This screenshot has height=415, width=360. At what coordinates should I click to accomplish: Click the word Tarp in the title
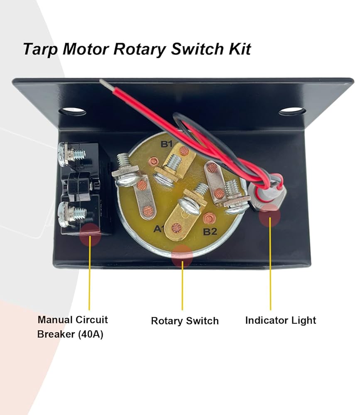click(40, 49)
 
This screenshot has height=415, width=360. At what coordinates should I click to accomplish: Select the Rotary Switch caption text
click(184, 321)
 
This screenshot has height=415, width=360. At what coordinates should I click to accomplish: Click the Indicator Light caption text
click(280, 320)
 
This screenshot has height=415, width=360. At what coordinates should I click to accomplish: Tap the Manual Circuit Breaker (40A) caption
click(73, 327)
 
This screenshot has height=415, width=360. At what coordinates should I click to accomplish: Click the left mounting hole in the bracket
click(72, 112)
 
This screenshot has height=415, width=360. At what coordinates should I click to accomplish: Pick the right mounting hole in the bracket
click(291, 111)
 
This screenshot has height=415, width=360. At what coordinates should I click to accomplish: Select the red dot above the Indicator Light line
click(269, 215)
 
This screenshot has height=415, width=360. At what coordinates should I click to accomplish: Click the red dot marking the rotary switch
click(182, 255)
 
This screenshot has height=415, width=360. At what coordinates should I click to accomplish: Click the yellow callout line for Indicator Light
click(270, 266)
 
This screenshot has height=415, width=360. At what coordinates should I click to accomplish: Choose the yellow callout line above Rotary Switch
click(182, 286)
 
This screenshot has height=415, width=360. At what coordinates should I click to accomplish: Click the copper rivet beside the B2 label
click(209, 217)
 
